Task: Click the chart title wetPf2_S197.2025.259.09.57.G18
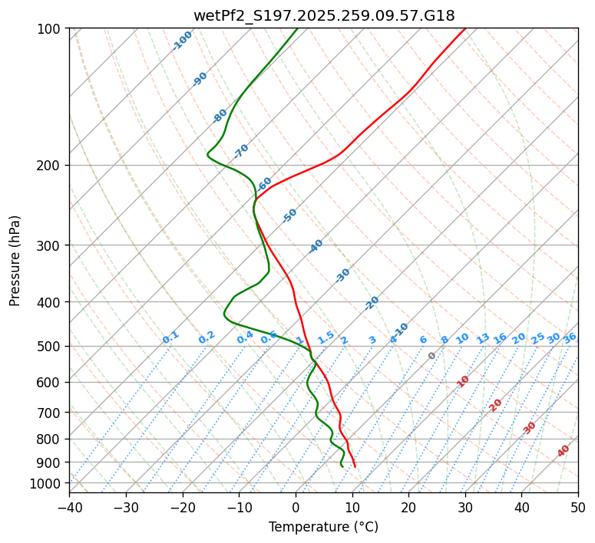click(323, 15)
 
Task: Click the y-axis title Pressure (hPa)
click(15, 261)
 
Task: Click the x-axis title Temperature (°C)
click(323, 527)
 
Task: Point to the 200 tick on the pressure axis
click(51, 166)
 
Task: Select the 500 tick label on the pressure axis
click(51, 347)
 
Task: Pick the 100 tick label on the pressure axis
click(51, 29)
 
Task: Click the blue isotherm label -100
click(182, 41)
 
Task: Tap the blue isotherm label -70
click(241, 150)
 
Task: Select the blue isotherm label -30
click(342, 275)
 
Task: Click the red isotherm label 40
click(564, 451)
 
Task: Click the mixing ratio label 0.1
click(170, 337)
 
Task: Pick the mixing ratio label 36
click(570, 337)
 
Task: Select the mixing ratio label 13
click(483, 338)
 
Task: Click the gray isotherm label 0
click(432, 356)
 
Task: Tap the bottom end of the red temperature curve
click(355, 466)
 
